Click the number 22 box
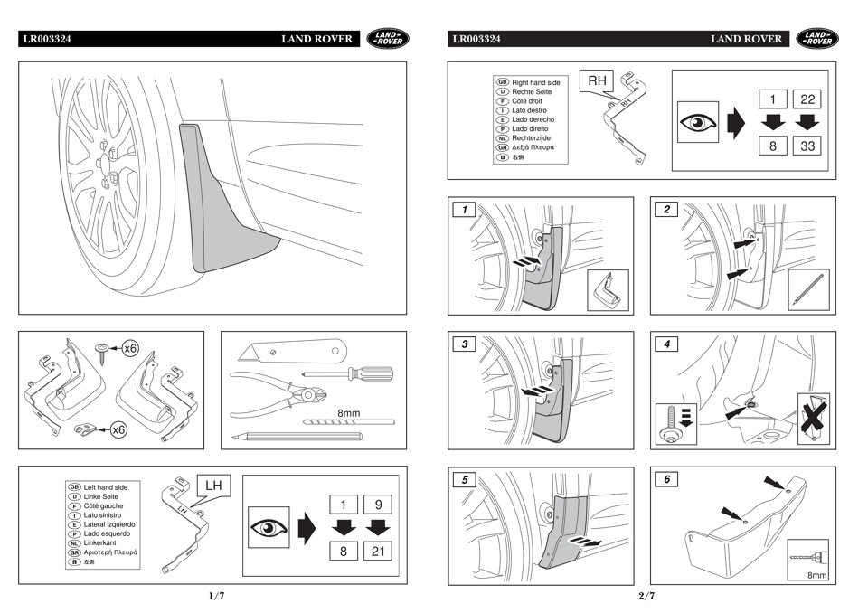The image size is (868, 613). point(807,99)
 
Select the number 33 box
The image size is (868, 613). point(807,144)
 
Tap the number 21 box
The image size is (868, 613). point(378,550)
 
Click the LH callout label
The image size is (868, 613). point(213,486)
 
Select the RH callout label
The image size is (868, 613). point(598,81)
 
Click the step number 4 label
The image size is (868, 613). point(666,344)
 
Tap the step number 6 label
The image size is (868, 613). point(666,479)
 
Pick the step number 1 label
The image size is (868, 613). point(465,209)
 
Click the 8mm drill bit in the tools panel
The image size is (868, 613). point(348,421)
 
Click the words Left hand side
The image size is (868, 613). point(106,487)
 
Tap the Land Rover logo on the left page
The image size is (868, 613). point(388,39)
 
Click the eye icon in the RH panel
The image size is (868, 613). point(698,121)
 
